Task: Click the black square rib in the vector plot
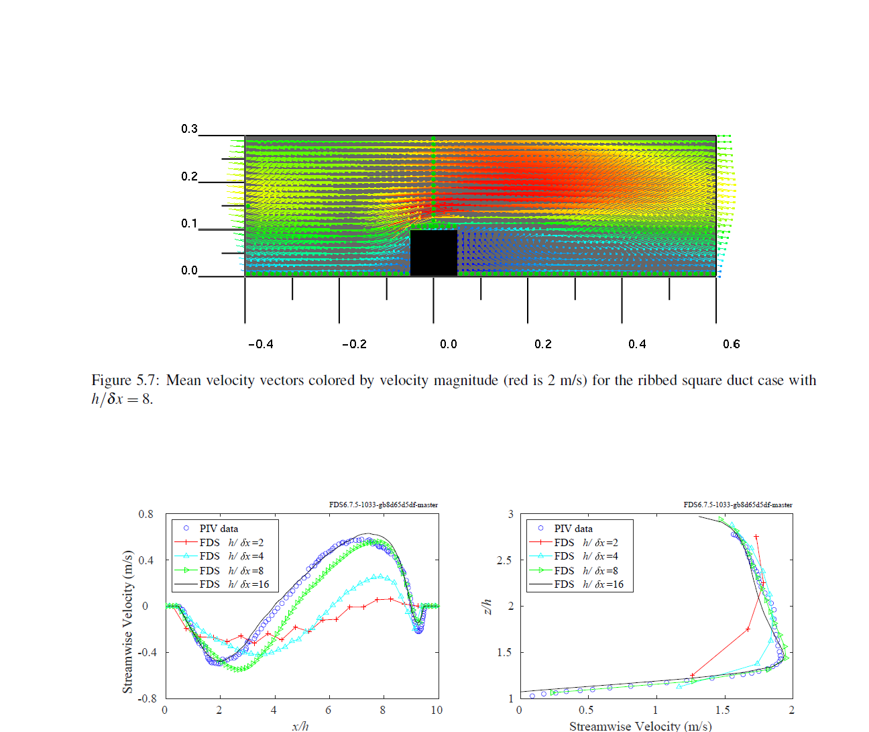tap(433, 252)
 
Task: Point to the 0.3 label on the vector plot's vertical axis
tap(189, 129)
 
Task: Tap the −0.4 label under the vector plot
tap(260, 344)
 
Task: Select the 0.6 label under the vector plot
tap(731, 344)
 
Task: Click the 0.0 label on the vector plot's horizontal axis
tap(448, 344)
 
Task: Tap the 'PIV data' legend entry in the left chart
tap(219, 529)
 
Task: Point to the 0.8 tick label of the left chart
tap(146, 515)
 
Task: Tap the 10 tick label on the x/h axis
tap(437, 711)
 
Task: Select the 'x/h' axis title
tap(300, 725)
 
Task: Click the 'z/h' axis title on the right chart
tap(487, 607)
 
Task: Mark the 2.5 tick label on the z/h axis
tap(505, 560)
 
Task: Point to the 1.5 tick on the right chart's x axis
tap(722, 711)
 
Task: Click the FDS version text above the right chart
tap(738, 505)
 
